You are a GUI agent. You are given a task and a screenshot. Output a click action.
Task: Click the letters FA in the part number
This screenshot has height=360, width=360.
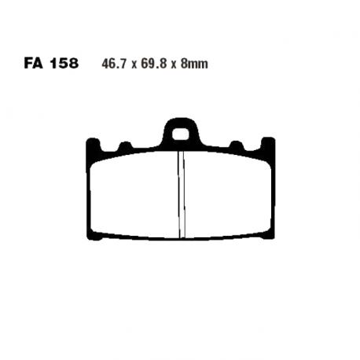[x=34, y=64]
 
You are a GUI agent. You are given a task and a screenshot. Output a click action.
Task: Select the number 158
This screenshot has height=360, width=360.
[x=64, y=64]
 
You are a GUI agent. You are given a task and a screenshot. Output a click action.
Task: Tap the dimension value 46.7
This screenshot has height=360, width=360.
[x=115, y=64]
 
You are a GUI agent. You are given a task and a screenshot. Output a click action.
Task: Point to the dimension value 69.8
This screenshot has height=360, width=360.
[x=154, y=64]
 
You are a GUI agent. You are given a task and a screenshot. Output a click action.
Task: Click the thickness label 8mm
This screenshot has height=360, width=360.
[x=194, y=64]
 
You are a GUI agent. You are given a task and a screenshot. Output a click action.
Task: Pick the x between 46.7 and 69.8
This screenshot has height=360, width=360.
[x=134, y=65]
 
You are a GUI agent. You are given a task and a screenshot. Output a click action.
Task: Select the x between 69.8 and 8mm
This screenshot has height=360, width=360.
[x=174, y=65]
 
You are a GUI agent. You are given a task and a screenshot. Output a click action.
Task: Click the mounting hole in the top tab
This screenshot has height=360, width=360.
[x=181, y=134]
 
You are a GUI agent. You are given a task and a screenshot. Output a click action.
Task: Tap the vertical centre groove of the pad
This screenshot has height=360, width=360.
[x=182, y=195]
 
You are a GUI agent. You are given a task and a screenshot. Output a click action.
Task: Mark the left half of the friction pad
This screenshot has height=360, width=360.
[x=134, y=195]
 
